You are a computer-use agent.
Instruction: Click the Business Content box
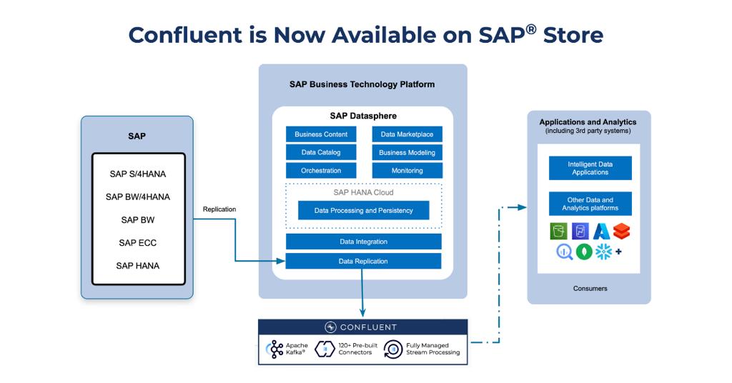point(321,134)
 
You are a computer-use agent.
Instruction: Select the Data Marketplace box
point(407,134)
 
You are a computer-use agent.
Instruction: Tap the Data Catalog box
point(321,152)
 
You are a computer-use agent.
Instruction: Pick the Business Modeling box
point(407,152)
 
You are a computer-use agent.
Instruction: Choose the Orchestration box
point(321,171)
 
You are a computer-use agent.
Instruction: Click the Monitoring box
point(407,171)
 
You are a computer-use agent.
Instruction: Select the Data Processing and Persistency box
point(364,211)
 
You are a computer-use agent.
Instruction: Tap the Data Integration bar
point(363,242)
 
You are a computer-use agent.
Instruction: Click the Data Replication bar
point(363,262)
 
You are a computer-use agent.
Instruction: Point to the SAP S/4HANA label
point(138,174)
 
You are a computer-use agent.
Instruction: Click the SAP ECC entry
point(138,243)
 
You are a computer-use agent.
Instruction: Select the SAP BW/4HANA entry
point(138,197)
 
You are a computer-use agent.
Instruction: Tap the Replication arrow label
point(219,209)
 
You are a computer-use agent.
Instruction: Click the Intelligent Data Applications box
point(590,169)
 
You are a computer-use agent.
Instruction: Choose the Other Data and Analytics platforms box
point(590,204)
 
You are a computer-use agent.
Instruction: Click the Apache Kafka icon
point(275,349)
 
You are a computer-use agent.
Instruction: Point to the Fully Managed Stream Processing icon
point(393,349)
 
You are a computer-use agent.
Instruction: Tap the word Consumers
point(590,289)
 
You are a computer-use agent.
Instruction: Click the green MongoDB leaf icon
point(584,252)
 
